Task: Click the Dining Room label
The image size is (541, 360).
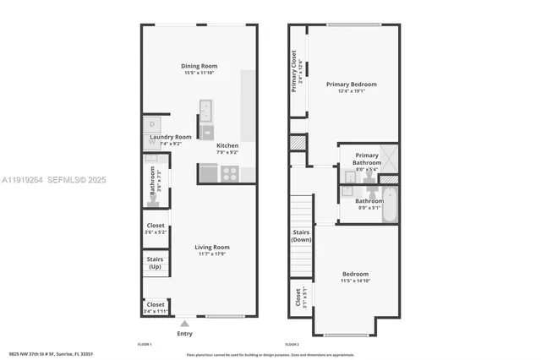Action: pos(199,66)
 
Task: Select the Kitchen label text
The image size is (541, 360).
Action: pos(227,145)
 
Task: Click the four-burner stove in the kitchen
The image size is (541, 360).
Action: pos(229,173)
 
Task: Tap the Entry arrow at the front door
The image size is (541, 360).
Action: pos(184,323)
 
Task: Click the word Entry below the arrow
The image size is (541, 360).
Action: pos(184,334)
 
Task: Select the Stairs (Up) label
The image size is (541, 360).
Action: pos(155,263)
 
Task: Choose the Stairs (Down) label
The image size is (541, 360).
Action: pos(301,235)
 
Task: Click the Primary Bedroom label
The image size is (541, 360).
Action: pos(352,85)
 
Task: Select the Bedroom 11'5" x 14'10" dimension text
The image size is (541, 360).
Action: pos(355,281)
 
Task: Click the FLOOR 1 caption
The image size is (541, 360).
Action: pos(144,345)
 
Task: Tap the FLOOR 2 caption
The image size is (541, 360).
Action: pos(292,345)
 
